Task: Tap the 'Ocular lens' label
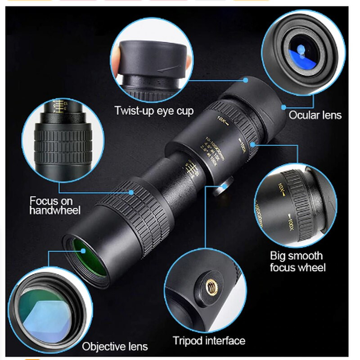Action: pyautogui.click(x=315, y=115)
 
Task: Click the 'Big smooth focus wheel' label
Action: pyautogui.click(x=297, y=261)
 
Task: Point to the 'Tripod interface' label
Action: pyautogui.click(x=209, y=340)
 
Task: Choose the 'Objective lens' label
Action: pyautogui.click(x=115, y=346)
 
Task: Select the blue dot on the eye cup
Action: pyautogui.click(x=246, y=80)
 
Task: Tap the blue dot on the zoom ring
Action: pyautogui.click(x=254, y=144)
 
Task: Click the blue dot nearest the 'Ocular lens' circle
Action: pyautogui.click(x=284, y=107)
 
